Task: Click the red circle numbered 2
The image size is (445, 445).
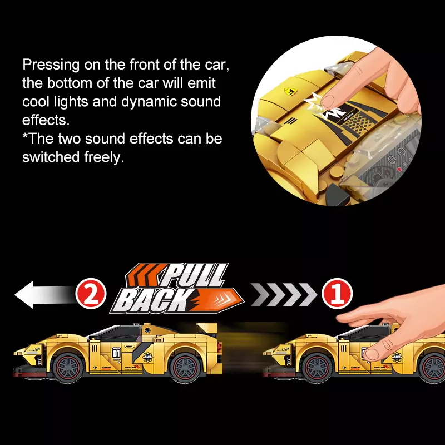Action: [x=91, y=294]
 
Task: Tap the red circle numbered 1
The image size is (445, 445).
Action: [x=337, y=294]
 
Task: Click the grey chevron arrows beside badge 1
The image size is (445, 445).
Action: [x=284, y=295]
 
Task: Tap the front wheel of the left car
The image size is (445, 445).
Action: [x=68, y=368]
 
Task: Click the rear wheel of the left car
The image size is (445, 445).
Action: [x=185, y=368]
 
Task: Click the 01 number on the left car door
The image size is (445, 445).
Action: [x=116, y=353]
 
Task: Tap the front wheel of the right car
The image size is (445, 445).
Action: [x=317, y=368]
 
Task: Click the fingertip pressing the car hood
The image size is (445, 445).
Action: [x=328, y=102]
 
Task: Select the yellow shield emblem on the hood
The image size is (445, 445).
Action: [x=290, y=91]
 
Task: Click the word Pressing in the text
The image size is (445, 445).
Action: [x=51, y=65]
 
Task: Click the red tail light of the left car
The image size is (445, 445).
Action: [x=220, y=346]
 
